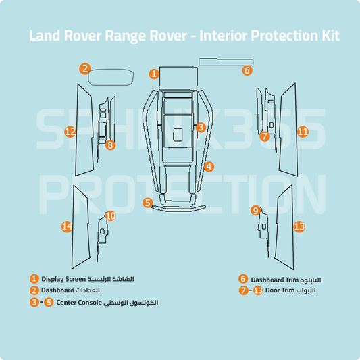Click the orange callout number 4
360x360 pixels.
click(x=209, y=166)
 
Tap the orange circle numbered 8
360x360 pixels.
click(x=111, y=145)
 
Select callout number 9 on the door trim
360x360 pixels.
click(x=255, y=211)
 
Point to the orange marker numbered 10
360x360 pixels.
click(x=110, y=215)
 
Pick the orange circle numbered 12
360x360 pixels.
click(x=70, y=132)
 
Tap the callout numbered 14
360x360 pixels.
click(x=66, y=227)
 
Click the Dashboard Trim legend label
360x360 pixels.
click(x=276, y=279)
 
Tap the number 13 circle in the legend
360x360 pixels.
click(x=257, y=290)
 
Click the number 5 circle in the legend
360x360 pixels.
click(x=49, y=302)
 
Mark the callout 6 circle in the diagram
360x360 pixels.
click(x=247, y=70)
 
